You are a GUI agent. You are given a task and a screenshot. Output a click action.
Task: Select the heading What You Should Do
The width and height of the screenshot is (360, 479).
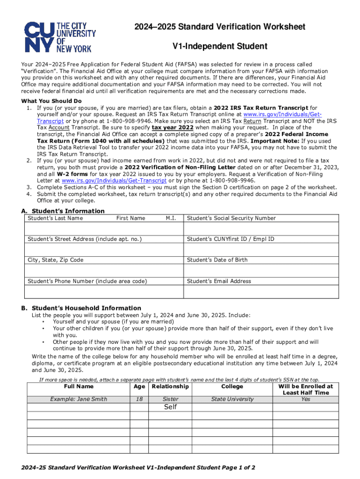click(51, 101)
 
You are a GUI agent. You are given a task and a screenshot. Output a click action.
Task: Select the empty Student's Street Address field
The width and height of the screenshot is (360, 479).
click(103, 249)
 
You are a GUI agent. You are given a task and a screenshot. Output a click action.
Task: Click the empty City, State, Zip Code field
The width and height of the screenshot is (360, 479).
click(103, 270)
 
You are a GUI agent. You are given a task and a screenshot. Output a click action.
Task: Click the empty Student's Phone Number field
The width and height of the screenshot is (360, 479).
click(103, 291)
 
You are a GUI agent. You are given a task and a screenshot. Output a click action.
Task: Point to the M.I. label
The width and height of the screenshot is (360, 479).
click(171, 218)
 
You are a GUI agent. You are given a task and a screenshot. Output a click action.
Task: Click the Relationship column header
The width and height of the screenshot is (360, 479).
click(170, 386)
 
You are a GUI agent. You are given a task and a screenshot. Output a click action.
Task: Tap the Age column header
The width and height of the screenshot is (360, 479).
click(139, 386)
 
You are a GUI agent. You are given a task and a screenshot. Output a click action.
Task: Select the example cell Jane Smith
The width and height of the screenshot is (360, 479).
click(79, 399)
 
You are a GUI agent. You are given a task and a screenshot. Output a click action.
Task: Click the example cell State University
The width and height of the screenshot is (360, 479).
click(232, 399)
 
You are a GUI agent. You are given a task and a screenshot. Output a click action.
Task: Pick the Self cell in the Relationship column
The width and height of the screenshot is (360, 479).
click(170, 407)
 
